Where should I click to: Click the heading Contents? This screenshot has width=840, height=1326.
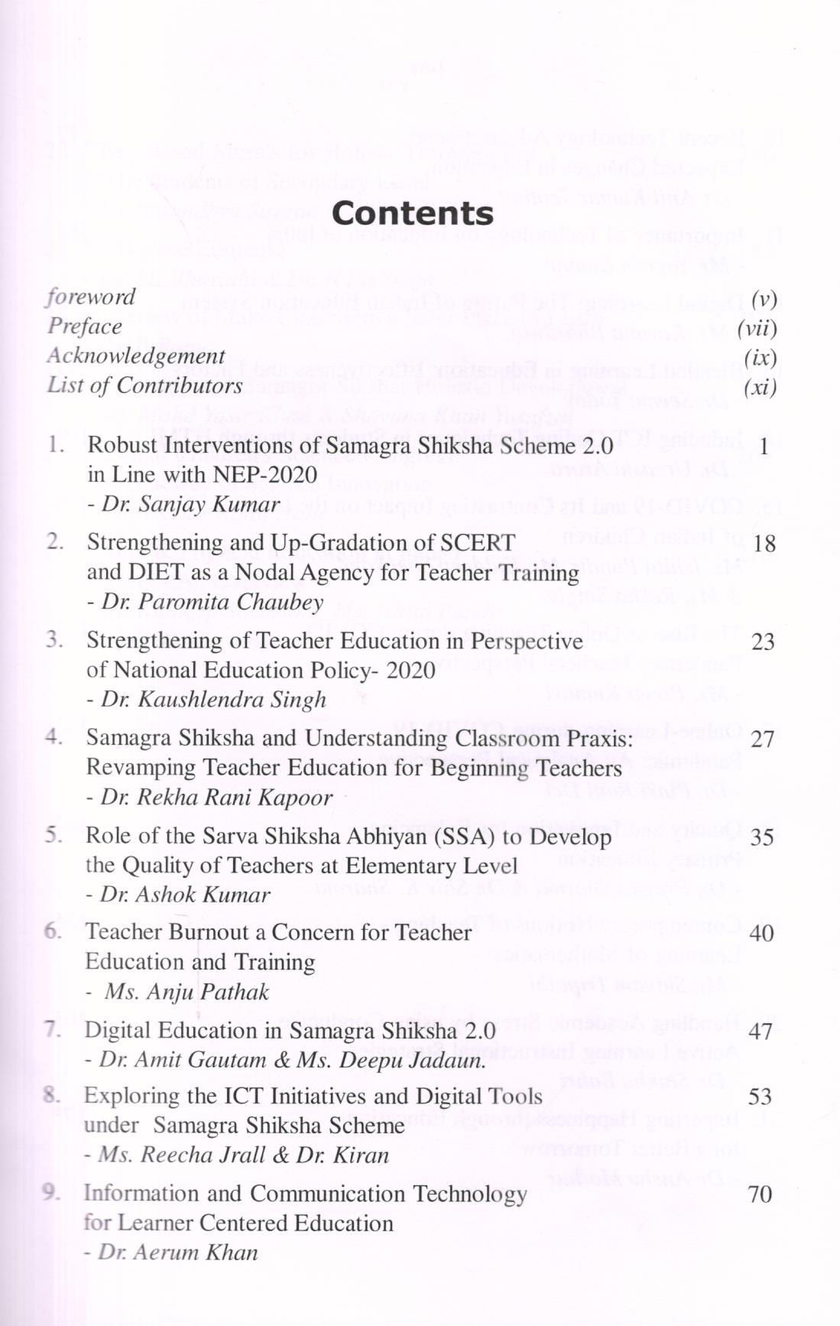[413, 213]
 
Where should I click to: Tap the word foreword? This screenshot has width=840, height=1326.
[91, 297]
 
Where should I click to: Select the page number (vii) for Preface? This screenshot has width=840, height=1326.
[757, 329]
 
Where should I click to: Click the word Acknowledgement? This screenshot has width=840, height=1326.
[136, 356]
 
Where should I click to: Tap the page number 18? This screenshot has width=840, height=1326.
[764, 544]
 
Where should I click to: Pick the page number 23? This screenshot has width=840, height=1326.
[763, 642]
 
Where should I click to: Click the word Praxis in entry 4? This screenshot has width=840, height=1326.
[595, 739]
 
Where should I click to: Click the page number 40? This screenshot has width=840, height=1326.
[761, 934]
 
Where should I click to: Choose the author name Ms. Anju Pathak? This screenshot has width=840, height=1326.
[186, 993]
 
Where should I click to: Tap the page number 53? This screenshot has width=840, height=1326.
[760, 1097]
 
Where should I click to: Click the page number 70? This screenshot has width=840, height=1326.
[760, 1194]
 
